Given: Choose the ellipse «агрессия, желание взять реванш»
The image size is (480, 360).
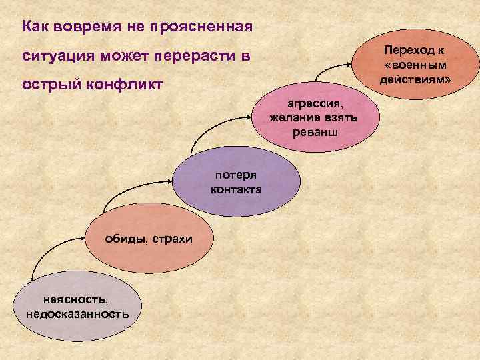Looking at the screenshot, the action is (314, 120).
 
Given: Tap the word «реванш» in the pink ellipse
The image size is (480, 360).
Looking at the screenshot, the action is (315, 131).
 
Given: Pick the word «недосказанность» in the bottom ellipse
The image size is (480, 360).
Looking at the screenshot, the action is (77, 313).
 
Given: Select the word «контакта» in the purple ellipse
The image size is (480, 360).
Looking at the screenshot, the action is (236, 190).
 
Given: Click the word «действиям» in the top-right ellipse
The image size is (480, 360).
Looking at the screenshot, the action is (416, 79).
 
